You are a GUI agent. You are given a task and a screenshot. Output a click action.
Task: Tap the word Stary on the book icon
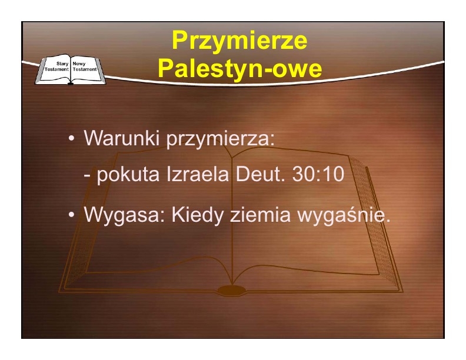click(62, 64)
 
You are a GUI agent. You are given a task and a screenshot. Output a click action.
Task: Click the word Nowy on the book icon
click(79, 64)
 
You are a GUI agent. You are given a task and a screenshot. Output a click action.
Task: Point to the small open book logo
click(71, 69)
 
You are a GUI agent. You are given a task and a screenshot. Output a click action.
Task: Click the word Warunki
click(122, 138)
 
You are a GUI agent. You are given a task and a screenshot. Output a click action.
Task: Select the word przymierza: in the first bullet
click(220, 139)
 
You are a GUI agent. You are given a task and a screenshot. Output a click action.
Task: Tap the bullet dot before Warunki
click(71, 138)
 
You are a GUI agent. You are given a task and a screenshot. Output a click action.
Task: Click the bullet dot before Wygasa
click(71, 215)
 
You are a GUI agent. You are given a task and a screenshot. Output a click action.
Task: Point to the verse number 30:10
click(318, 174)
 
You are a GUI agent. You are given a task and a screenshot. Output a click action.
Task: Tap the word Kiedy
click(197, 215)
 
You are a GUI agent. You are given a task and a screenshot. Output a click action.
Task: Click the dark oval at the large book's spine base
click(232, 290)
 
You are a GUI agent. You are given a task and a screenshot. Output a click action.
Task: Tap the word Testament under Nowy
click(85, 69)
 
